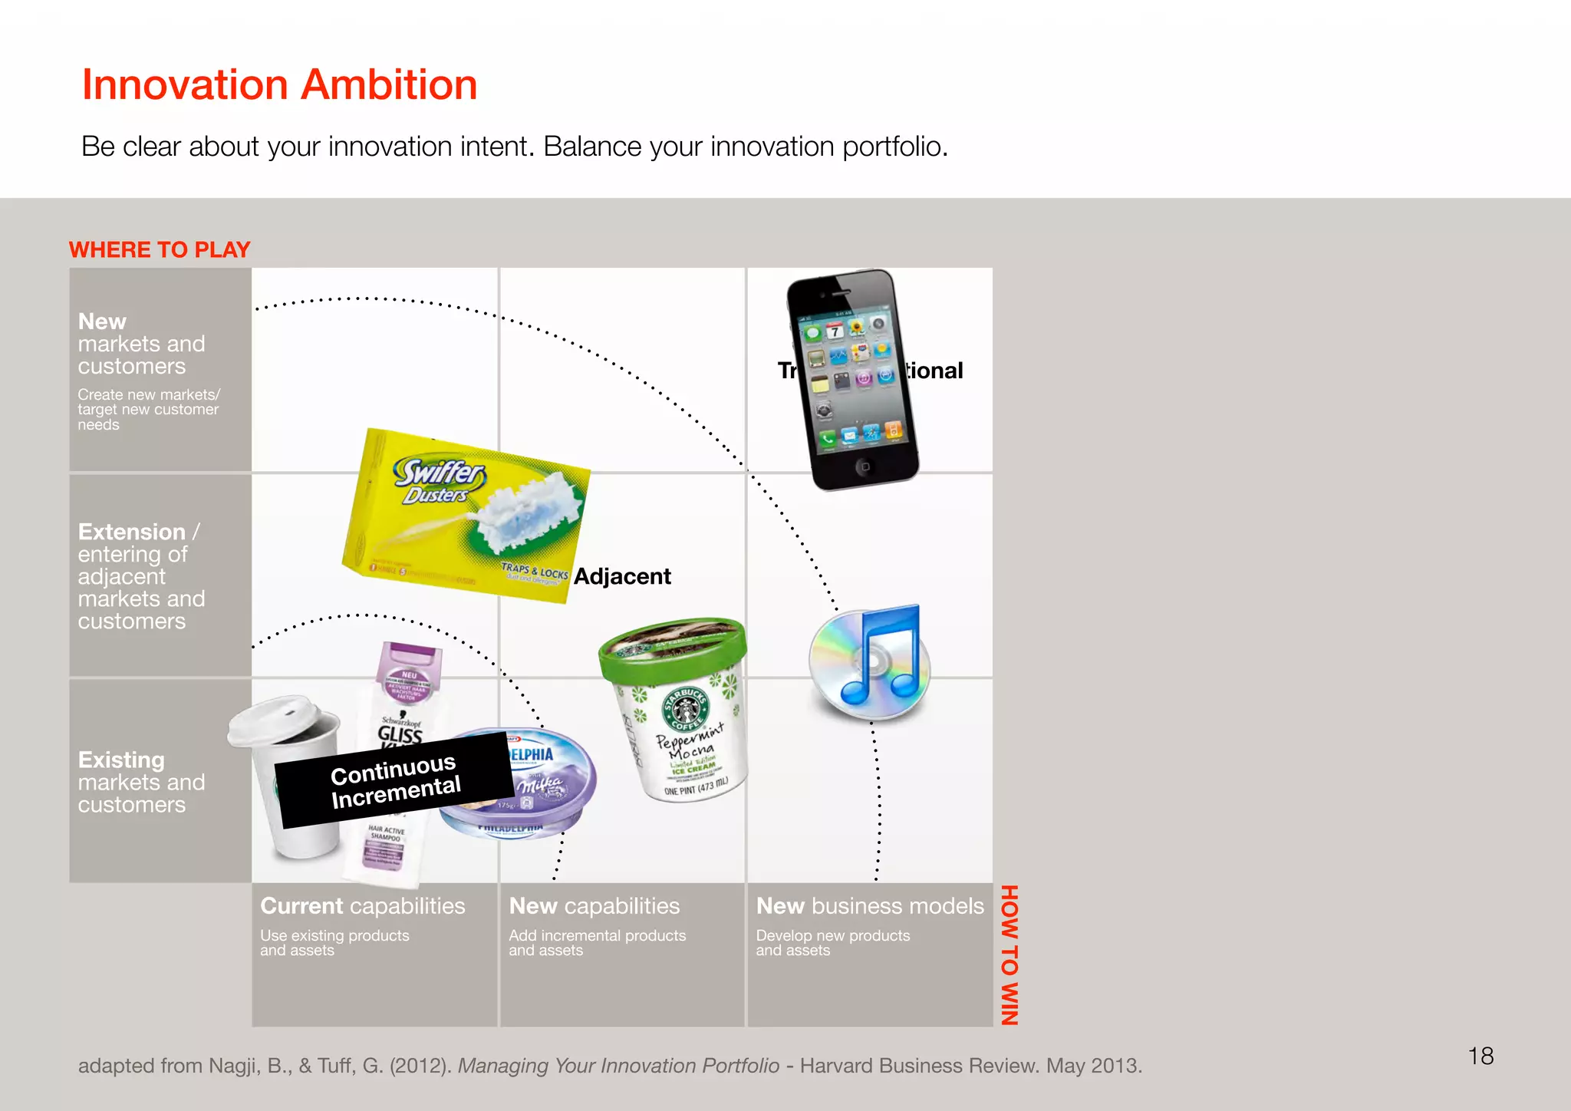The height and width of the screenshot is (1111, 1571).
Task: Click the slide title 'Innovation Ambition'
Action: pos(279,84)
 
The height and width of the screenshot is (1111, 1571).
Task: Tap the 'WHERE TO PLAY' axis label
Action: pos(160,249)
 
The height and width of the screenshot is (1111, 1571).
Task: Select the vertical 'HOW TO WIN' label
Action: pos(1009,954)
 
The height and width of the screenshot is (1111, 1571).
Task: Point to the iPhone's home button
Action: pos(865,466)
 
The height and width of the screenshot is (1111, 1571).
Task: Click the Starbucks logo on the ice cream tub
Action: pos(686,708)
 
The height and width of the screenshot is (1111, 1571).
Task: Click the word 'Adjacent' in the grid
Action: pos(622,576)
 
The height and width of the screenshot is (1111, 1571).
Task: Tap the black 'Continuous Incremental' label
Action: pos(395,780)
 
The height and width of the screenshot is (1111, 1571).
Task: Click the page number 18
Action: pos(1480,1056)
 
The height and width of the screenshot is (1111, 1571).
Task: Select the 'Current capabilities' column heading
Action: pos(362,906)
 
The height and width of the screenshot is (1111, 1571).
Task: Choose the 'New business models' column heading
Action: pos(869,906)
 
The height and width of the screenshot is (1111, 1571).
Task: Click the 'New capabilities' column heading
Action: pos(594,906)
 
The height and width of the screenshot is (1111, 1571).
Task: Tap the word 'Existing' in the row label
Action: pos(121,760)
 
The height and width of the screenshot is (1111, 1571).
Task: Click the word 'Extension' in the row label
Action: pos(132,532)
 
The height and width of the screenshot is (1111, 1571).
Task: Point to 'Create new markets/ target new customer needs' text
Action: pos(148,409)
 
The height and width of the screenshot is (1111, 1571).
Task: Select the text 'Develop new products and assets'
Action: pos(832,943)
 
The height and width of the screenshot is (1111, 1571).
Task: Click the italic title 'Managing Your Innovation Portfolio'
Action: pos(618,1066)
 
